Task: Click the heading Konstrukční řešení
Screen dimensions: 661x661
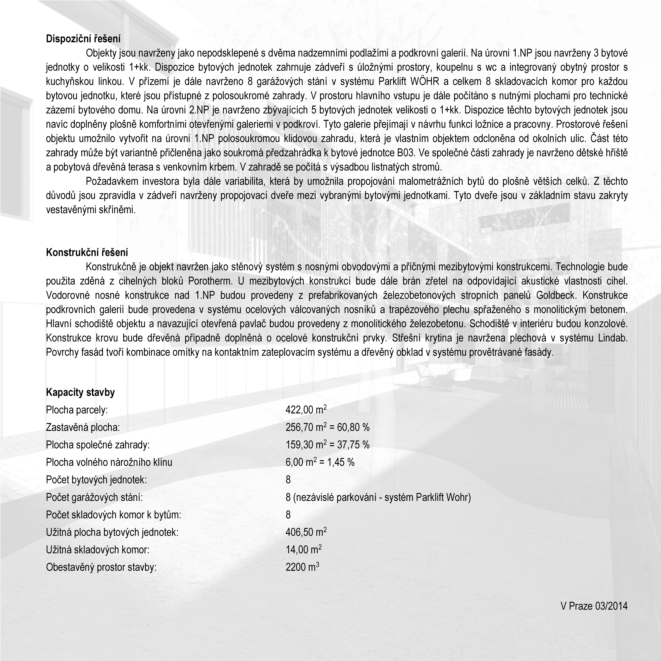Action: (87, 253)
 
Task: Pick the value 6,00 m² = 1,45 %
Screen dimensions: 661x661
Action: (320, 462)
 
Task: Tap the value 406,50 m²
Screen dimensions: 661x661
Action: (306, 532)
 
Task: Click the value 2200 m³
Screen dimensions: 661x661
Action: (302, 567)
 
